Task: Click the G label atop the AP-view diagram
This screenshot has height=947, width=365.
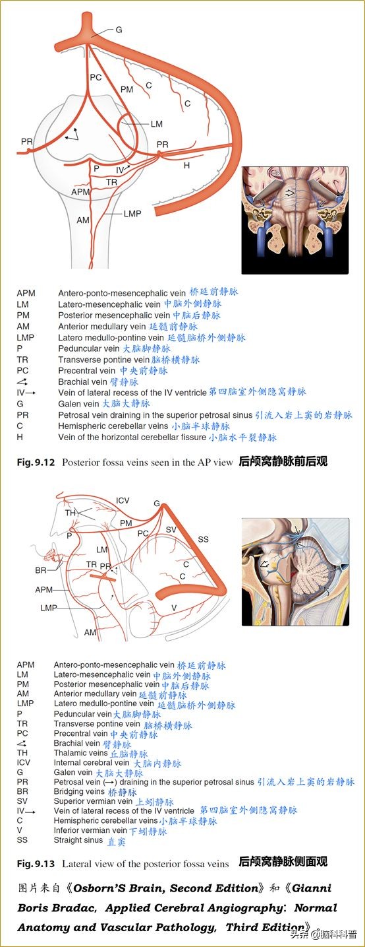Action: [119, 30]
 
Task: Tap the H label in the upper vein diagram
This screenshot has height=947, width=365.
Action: [186, 166]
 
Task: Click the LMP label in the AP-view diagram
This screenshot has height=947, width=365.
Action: [132, 213]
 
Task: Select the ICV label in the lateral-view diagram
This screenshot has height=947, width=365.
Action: [123, 500]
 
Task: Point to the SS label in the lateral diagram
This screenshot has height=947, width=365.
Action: [204, 539]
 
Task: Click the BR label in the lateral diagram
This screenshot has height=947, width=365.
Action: [41, 570]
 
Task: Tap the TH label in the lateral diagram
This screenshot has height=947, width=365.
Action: [70, 513]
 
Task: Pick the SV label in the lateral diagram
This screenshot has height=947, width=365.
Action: [171, 530]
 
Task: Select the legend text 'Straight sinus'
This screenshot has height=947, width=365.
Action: [78, 840]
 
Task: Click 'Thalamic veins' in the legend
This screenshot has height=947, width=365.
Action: [80, 753]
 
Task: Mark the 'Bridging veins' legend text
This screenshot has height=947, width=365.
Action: [79, 791]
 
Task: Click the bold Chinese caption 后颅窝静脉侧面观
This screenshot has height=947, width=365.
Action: [283, 862]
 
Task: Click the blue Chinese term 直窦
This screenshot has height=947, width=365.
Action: [116, 841]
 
